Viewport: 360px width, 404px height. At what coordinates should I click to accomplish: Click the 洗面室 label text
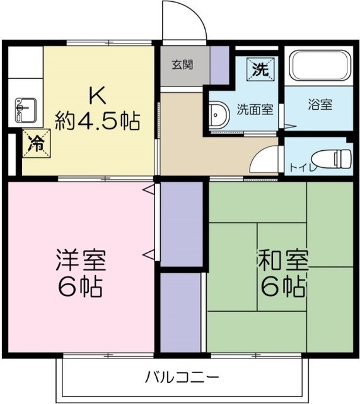point(255,109)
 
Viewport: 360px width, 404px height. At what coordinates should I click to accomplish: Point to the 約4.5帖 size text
point(97,119)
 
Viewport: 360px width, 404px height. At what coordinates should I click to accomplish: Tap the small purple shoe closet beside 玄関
point(219,64)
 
